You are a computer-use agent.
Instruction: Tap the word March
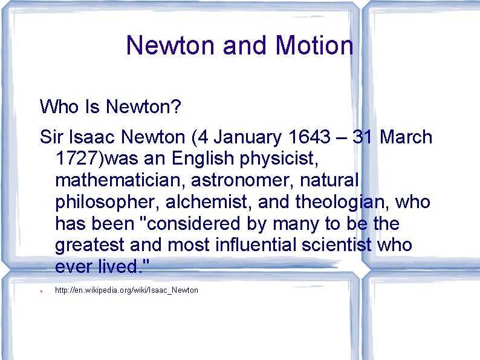click(x=406, y=137)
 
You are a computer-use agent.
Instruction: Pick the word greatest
click(x=91, y=246)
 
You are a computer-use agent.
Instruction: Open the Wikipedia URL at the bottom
click(x=126, y=290)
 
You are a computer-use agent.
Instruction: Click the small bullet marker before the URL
click(x=40, y=292)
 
